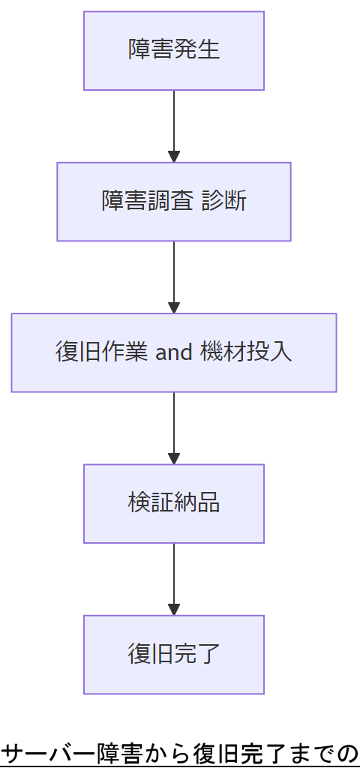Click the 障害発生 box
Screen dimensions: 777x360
pyautogui.click(x=174, y=51)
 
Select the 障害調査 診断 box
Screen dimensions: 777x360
pyautogui.click(x=174, y=202)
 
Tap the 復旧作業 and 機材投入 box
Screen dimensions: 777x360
pyautogui.click(x=174, y=352)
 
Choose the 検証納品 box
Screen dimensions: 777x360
pyautogui.click(x=174, y=503)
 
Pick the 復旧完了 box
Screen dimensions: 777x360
pyautogui.click(x=174, y=654)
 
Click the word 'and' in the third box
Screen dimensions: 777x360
pyautogui.click(x=174, y=352)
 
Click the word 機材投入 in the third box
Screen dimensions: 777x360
pyautogui.click(x=247, y=352)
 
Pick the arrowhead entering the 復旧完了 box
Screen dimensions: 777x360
pyautogui.click(x=174, y=609)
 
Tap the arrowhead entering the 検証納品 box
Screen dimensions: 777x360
pyautogui.click(x=174, y=458)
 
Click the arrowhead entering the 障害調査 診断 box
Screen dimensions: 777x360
pyautogui.click(x=174, y=157)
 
